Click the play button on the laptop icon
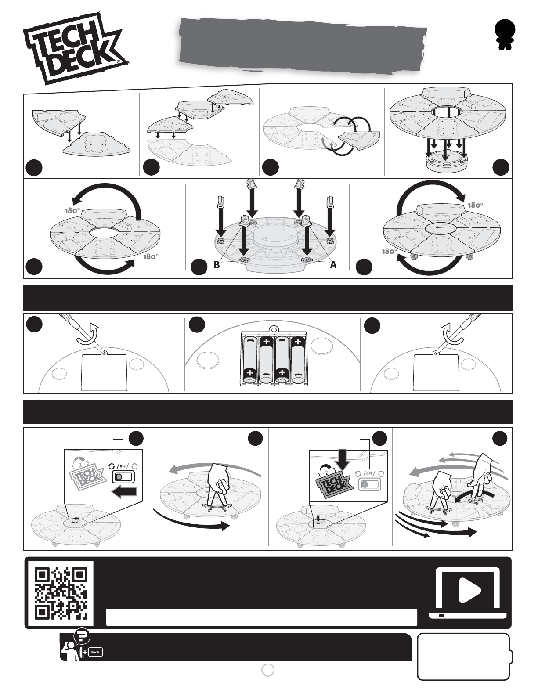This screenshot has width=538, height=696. [x=470, y=590]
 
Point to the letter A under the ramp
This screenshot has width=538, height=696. [x=333, y=265]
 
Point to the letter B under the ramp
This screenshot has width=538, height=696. [x=217, y=265]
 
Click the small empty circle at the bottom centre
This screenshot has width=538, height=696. [x=268, y=670]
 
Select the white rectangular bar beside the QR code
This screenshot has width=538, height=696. [x=262, y=617]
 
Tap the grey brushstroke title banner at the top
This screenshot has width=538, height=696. [x=303, y=44]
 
